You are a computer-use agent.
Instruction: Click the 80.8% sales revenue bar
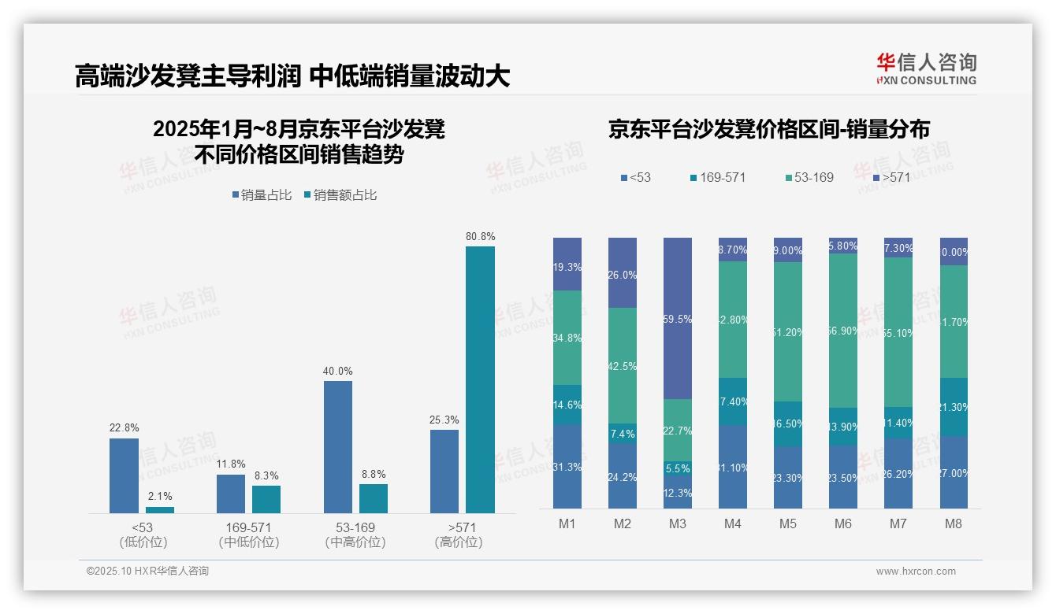(x=480, y=379)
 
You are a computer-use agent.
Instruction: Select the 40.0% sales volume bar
(x=338, y=446)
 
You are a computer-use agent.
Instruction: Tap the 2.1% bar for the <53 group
(x=160, y=509)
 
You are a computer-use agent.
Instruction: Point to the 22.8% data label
(x=124, y=428)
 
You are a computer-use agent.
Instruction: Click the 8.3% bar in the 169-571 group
(x=266, y=499)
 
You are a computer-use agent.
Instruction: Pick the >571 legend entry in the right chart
(x=890, y=177)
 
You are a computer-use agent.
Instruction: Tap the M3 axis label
(x=678, y=523)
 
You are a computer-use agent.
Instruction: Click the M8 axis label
(x=954, y=523)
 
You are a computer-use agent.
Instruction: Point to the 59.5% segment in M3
(x=678, y=318)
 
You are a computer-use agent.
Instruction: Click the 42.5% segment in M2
(x=623, y=365)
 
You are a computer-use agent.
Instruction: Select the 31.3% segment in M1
(x=567, y=466)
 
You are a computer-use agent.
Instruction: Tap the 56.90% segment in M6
(x=843, y=331)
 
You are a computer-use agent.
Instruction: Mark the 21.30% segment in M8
(x=954, y=407)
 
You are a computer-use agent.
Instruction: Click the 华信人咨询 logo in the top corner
(x=926, y=68)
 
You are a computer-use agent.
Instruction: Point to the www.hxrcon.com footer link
(x=916, y=571)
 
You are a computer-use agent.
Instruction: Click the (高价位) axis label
(x=459, y=542)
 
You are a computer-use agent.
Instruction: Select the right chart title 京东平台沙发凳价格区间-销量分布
(x=768, y=129)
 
